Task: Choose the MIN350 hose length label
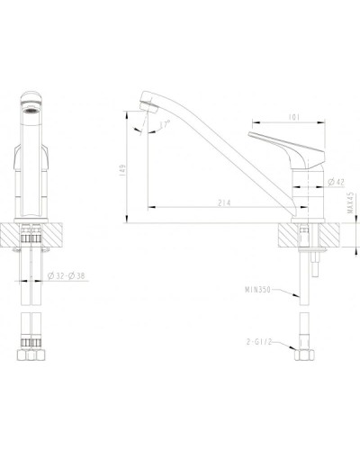tap(257, 291)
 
